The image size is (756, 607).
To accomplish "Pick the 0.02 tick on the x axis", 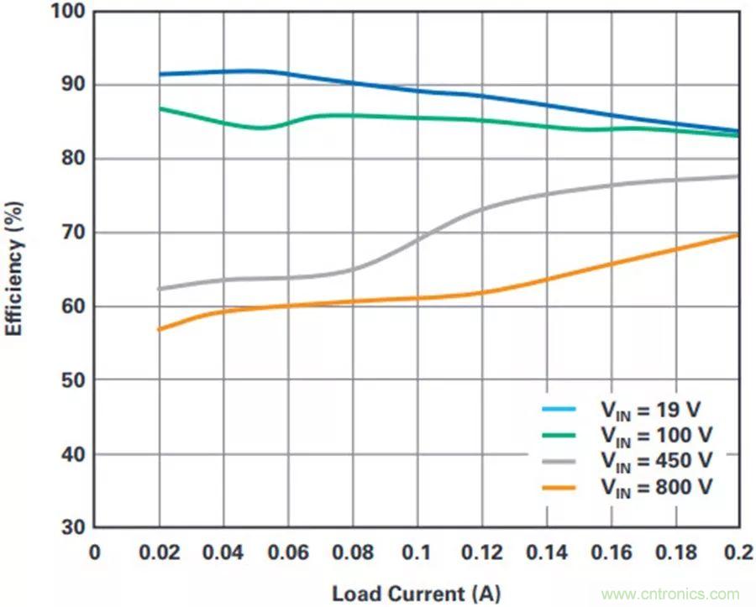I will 159,552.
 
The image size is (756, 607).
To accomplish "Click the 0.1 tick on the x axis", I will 417,552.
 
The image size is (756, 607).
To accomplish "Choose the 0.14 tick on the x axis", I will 546,552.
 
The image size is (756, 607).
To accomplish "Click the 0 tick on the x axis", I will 94,552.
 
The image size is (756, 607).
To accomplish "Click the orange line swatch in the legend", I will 559,487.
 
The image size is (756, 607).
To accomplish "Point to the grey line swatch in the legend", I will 559,461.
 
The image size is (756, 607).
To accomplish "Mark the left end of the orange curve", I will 159,329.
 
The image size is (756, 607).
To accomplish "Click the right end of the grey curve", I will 738,175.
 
